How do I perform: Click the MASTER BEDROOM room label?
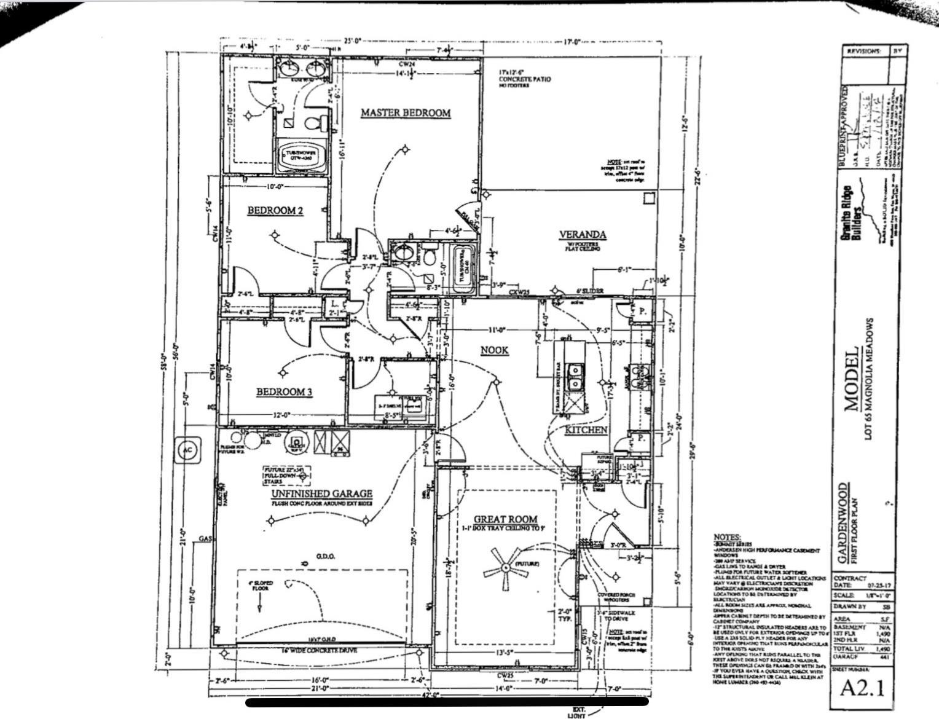405,113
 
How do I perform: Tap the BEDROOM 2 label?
275,211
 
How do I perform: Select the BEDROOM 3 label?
284,392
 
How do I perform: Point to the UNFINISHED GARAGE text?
318,493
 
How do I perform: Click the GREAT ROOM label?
506,519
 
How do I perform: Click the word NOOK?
494,350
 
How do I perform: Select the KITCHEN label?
586,430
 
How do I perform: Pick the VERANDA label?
583,235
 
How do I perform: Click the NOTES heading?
727,538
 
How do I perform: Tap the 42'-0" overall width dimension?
433,695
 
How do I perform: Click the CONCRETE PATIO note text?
524,79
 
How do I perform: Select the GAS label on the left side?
205,539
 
